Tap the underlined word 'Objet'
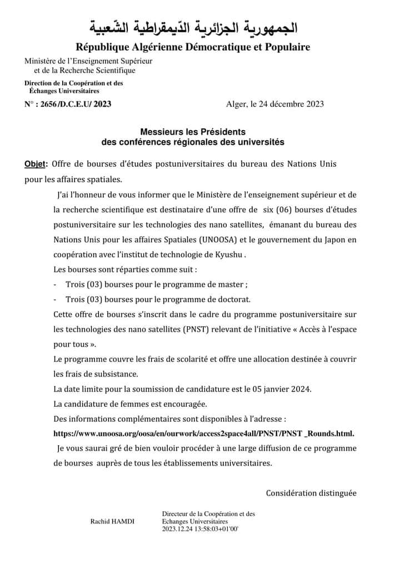click(x=36, y=165)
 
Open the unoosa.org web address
click(x=204, y=433)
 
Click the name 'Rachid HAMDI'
click(x=116, y=521)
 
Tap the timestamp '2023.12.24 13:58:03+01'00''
click(x=201, y=529)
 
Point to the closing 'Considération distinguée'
click(x=311, y=492)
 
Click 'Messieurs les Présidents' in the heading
click(x=193, y=132)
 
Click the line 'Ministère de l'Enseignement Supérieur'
click(x=88, y=61)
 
